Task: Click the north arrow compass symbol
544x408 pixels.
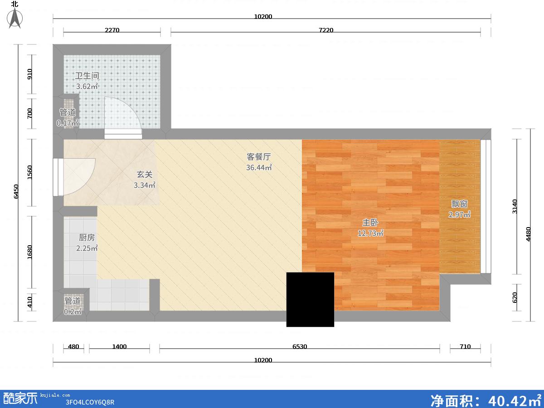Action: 15,18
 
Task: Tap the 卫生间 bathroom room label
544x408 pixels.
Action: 87,76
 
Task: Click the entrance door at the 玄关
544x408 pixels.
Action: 74,177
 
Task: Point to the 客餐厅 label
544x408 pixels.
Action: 258,156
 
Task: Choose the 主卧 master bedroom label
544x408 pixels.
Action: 370,223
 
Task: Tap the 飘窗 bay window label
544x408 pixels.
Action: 459,204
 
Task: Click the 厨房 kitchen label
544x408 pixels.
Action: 87,238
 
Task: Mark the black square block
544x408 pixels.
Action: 310,300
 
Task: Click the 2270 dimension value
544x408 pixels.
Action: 112,30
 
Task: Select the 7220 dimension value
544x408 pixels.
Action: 326,30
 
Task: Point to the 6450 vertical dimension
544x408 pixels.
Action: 16,191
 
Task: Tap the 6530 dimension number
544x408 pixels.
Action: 300,346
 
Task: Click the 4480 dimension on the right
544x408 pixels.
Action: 528,234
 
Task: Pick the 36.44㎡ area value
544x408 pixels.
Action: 259,167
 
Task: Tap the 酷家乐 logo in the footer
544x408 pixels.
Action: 20,398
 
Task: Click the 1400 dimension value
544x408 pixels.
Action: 119,346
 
